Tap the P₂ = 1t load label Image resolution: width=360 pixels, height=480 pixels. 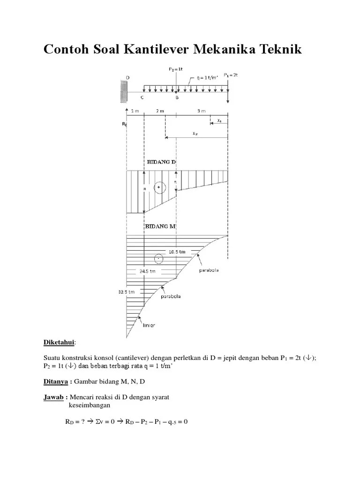(176, 69)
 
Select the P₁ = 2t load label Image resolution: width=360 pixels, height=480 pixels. (230, 75)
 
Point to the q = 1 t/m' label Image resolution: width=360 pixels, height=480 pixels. (206, 78)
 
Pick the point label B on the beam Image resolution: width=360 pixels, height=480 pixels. (177, 98)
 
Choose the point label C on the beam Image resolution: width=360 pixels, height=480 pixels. (142, 98)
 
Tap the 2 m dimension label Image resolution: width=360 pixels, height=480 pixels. (160, 111)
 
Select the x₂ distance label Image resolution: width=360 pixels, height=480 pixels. (195, 133)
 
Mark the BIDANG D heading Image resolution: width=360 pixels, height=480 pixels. (161, 162)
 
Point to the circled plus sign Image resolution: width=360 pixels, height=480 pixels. (159, 187)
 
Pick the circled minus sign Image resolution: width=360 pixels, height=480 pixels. (159, 259)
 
